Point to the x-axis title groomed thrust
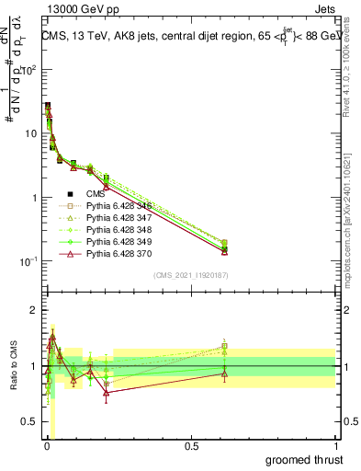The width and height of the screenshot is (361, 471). (x=304, y=459)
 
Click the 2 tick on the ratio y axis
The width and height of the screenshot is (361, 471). (x=34, y=311)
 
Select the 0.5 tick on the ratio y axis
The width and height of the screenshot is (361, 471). (x=30, y=422)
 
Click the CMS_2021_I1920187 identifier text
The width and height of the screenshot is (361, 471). (x=190, y=274)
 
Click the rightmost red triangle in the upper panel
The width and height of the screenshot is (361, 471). (x=224, y=251)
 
